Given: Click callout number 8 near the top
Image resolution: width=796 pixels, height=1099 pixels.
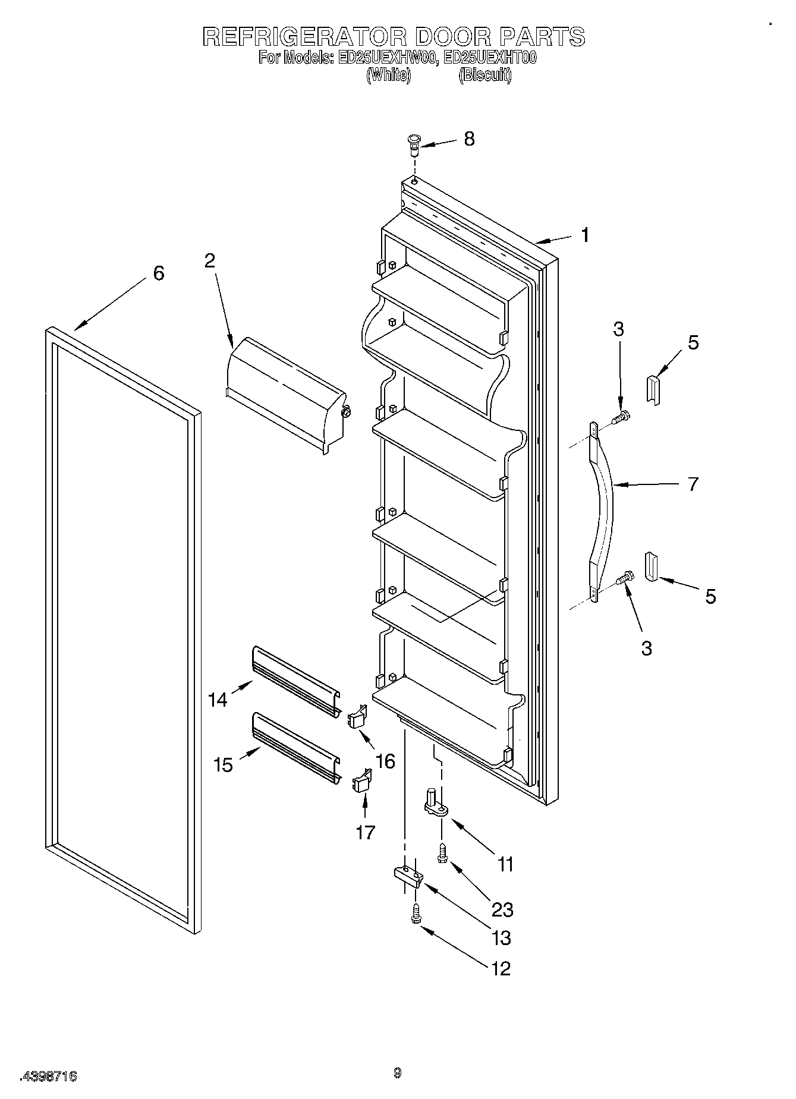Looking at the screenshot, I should coord(469,139).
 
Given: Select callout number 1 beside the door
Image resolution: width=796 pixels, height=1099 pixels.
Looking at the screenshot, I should coord(585,235).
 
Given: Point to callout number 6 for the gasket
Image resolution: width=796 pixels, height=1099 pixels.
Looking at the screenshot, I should coord(158,273).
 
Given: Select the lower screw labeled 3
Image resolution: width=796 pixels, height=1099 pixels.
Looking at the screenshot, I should coord(625,577).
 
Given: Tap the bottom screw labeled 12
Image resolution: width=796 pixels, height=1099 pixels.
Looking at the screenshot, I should coord(415,914).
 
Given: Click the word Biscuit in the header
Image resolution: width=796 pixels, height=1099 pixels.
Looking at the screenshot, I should coord(484,75).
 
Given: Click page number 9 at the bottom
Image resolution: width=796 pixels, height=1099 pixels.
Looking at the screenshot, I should coord(397,1073).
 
